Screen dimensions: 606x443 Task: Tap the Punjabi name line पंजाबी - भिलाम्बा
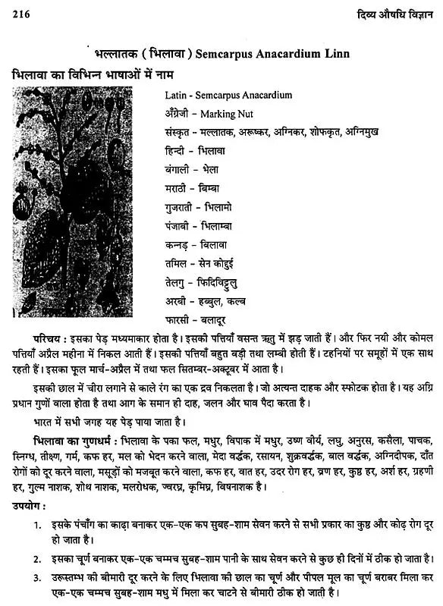coord(200,225)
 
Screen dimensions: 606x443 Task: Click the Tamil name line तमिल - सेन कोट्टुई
coord(202,262)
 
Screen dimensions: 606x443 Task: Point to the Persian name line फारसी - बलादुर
coord(196,319)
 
